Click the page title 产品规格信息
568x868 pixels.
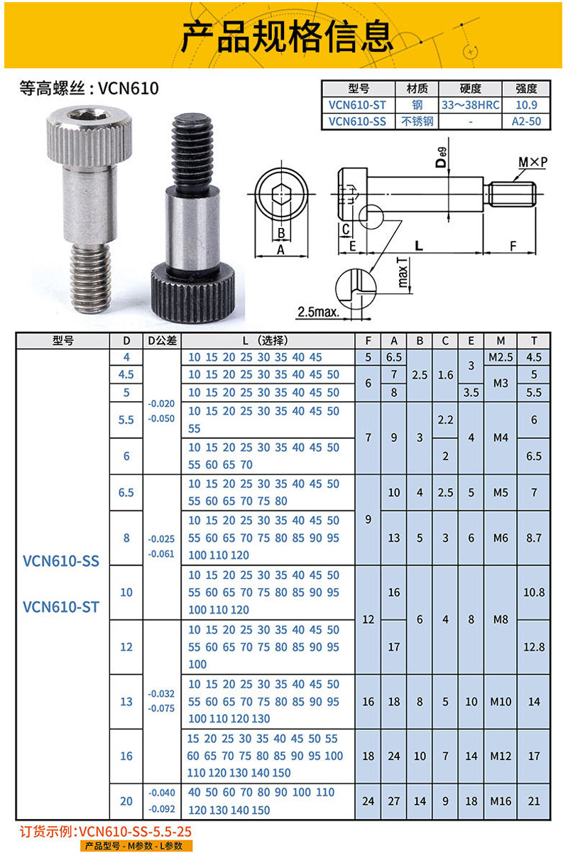point(286,37)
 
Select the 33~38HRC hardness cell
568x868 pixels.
point(470,105)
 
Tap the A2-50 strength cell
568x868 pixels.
point(526,121)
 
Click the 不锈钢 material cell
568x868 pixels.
point(417,121)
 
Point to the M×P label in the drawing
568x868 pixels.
point(532,163)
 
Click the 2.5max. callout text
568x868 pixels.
point(318,312)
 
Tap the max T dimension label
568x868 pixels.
point(403,273)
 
